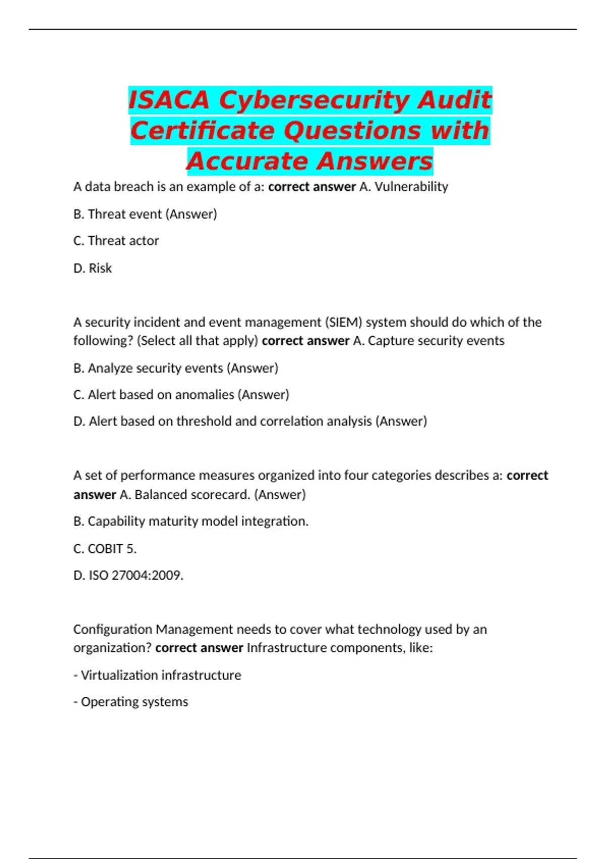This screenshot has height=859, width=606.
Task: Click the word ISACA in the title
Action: [169, 100]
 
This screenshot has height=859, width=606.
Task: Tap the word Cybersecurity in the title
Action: [314, 100]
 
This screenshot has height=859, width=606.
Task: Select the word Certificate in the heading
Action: [203, 130]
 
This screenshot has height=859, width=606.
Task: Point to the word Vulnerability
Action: [411, 186]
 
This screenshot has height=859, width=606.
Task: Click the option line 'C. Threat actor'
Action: [116, 241]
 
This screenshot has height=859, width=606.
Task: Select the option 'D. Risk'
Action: [92, 268]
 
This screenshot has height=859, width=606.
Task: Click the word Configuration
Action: [112, 629]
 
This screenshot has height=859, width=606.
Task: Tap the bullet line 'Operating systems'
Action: [131, 702]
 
